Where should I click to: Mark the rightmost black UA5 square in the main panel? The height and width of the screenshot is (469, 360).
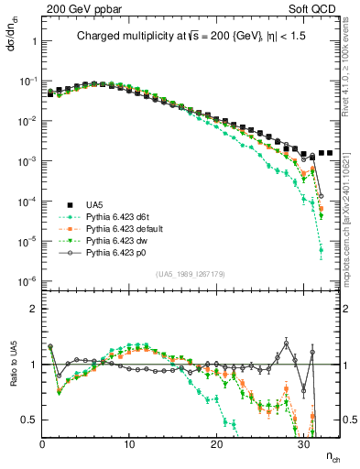pyautogui.click(x=330, y=153)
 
